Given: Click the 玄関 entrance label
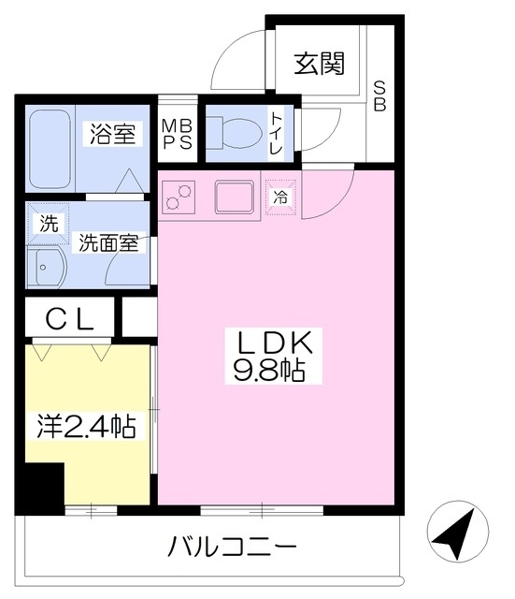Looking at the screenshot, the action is tap(319, 64).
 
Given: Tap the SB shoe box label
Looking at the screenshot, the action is tap(379, 95).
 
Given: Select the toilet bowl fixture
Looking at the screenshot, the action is tap(234, 133).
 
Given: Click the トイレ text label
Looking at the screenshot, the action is tap(276, 133).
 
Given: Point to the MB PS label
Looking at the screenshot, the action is tap(178, 134).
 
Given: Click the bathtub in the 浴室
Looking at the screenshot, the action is tap(50, 149).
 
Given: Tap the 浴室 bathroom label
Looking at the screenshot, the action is tap(112, 133).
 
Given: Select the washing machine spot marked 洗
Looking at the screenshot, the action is tap(49, 224).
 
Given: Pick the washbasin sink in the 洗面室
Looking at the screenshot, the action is tap(46, 268).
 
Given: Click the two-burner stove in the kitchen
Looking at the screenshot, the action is tap(179, 197).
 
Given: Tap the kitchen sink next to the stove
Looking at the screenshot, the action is tap(235, 197).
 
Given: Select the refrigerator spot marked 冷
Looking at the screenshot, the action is tap(280, 197).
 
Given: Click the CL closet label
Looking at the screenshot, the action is tap(70, 319).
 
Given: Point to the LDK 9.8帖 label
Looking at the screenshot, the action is tap(274, 356).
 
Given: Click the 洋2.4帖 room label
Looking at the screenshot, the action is tap(86, 427).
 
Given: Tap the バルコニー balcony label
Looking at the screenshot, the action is tap(232, 547).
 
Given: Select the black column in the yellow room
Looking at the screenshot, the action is tap(39, 489).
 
